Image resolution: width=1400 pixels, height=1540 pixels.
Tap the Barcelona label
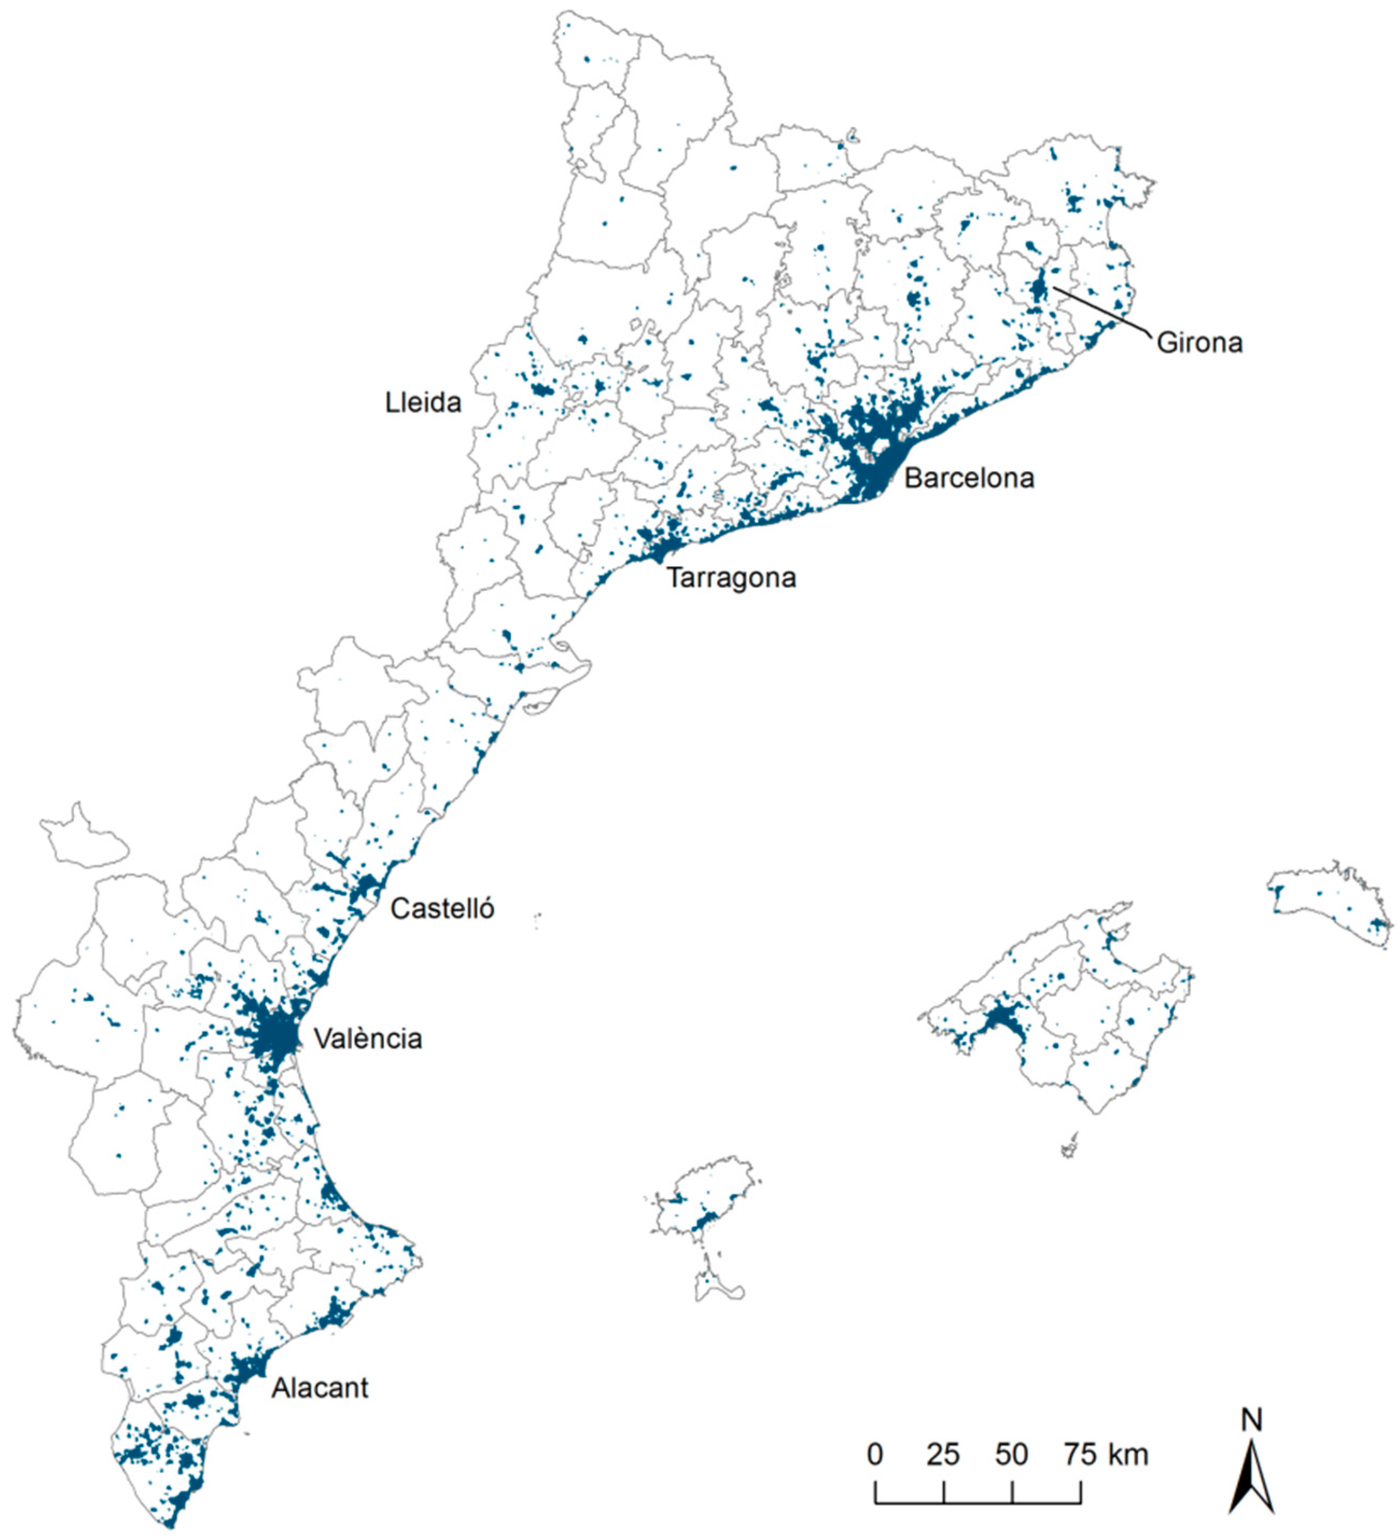pos(969,479)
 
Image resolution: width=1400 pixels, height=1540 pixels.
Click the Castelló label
pos(442,909)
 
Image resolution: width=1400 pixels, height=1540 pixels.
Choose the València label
pos(367,1039)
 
